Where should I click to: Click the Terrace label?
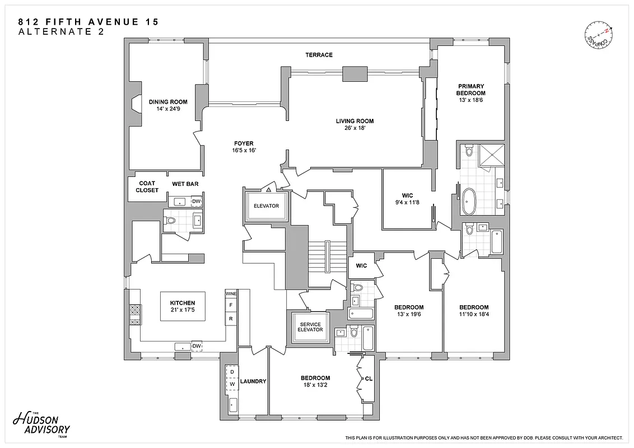pyautogui.click(x=319, y=55)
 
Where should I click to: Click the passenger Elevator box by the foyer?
pyautogui.click(x=266, y=206)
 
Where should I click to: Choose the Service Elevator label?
pyautogui.click(x=310, y=326)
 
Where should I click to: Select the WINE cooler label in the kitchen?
pyautogui.click(x=230, y=293)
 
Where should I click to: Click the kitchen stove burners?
pyautogui.click(x=134, y=314)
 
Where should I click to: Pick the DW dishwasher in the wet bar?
pyautogui.click(x=196, y=202)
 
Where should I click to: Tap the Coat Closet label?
pyautogui.click(x=147, y=186)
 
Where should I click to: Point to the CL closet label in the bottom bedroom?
pyautogui.click(x=368, y=379)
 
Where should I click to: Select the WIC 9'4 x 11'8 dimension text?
pyautogui.click(x=407, y=202)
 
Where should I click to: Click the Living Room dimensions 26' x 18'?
pyautogui.click(x=355, y=128)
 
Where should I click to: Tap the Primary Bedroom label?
pyautogui.click(x=470, y=90)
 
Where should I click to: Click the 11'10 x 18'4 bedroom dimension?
pyautogui.click(x=474, y=314)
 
